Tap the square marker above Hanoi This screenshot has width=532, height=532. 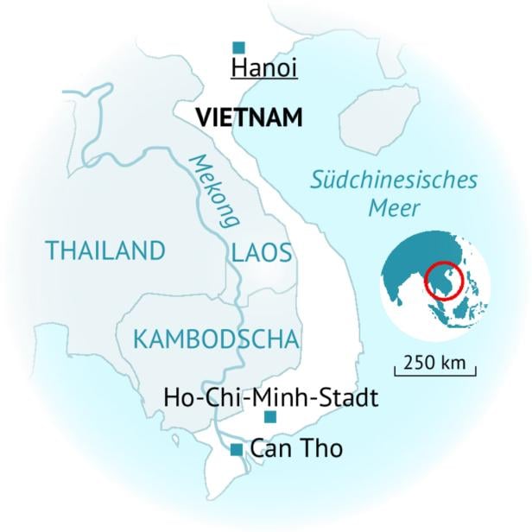coord(239,47)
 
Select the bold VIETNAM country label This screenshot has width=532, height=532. coord(250,117)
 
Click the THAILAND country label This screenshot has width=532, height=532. coord(105,251)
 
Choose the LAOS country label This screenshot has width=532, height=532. coord(262,253)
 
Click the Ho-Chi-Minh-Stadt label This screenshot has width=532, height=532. coord(271,398)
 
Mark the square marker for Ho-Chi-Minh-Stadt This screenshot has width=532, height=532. coord(270,418)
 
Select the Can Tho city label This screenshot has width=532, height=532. coord(296,449)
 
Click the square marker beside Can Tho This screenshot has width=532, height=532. coord(236,449)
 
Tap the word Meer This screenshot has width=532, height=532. coord(394,209)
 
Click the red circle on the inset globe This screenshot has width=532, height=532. coord(446,282)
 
